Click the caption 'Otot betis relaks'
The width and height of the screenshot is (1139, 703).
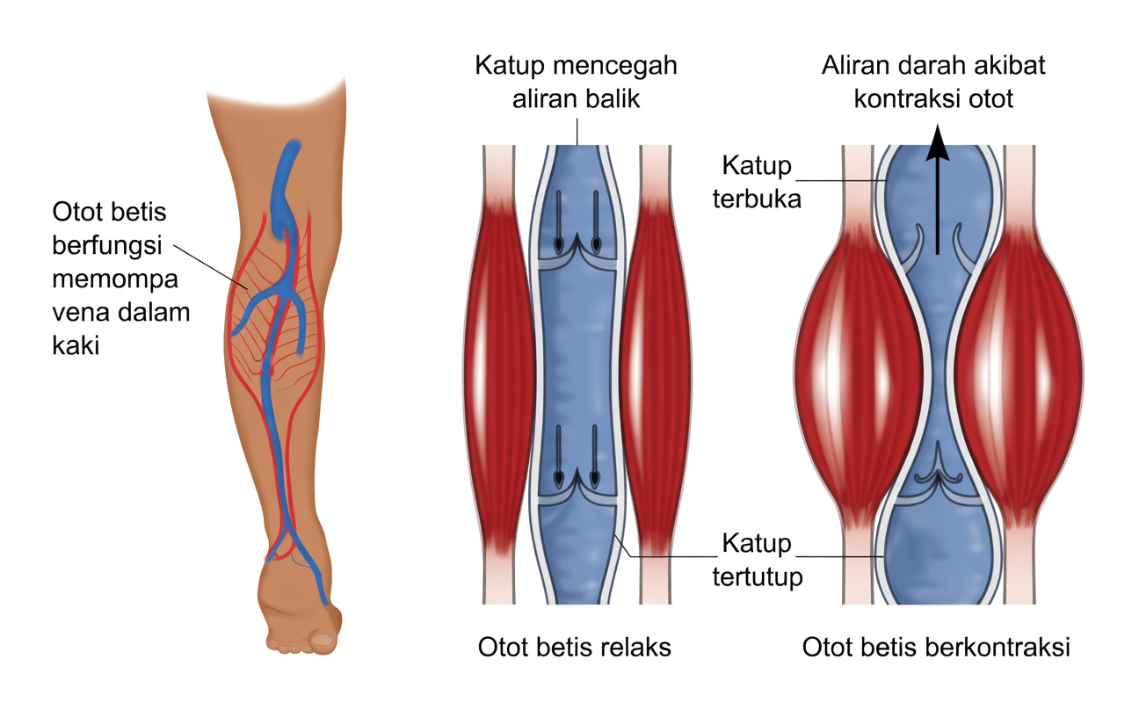574,648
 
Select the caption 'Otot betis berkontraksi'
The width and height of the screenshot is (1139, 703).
936,648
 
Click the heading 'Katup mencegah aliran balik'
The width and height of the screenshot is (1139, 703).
576,82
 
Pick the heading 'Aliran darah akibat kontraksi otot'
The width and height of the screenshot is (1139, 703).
934,82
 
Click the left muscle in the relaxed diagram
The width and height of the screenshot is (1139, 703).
499,373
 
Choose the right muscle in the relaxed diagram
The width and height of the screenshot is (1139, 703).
655,373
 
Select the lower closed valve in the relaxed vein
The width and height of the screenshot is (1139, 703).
577,486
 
